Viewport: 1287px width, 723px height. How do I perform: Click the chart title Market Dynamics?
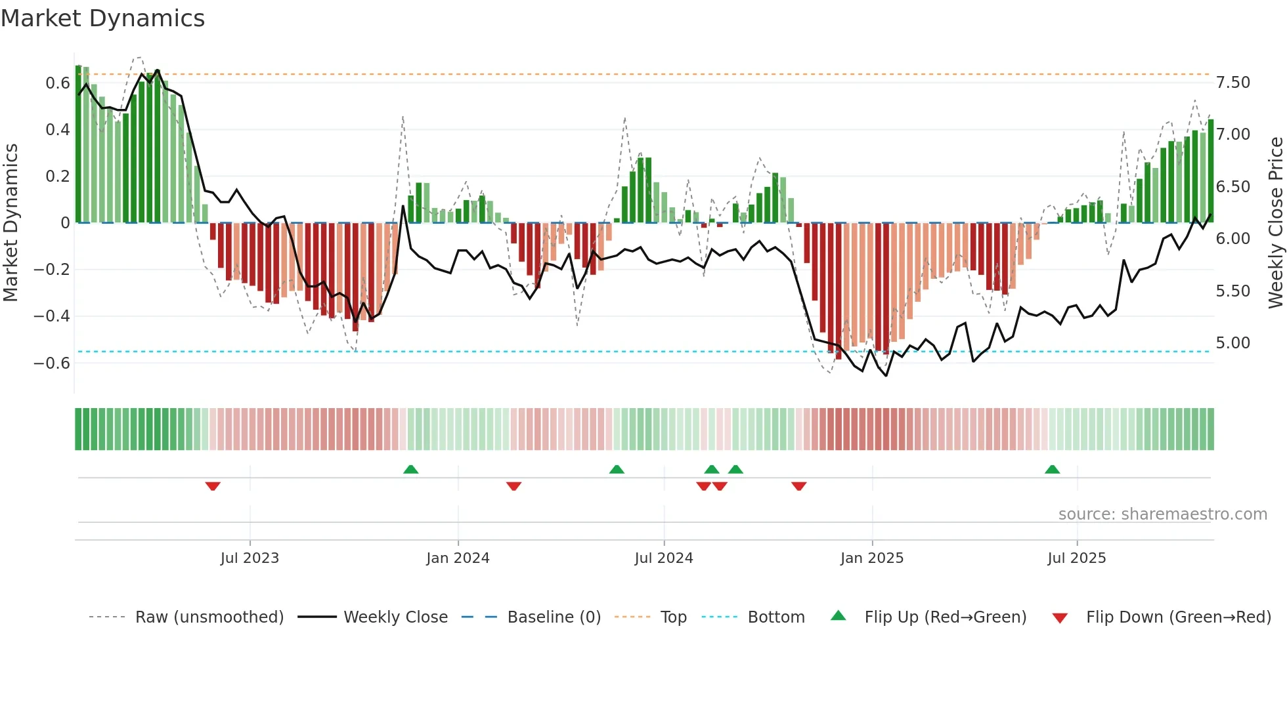point(102,18)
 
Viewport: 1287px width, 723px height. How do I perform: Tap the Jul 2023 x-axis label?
point(250,558)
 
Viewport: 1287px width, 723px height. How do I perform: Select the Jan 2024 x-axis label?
point(458,558)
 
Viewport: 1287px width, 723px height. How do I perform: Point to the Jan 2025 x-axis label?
point(872,558)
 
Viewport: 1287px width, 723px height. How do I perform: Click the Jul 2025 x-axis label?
point(1077,558)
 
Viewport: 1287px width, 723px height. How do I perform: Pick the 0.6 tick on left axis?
point(58,83)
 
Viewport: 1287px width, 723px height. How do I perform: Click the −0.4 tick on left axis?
point(52,316)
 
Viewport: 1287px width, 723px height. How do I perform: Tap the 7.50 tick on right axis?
point(1232,83)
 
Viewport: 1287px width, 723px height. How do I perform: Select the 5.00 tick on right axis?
point(1232,343)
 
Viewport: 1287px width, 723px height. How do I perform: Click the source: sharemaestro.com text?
point(1162,514)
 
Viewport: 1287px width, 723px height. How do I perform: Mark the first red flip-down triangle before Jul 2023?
point(213,486)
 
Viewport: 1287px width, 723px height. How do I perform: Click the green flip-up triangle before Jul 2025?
point(1052,469)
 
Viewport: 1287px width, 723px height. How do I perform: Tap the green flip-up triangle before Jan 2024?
point(410,469)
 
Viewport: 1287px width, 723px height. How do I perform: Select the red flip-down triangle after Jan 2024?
point(513,486)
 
